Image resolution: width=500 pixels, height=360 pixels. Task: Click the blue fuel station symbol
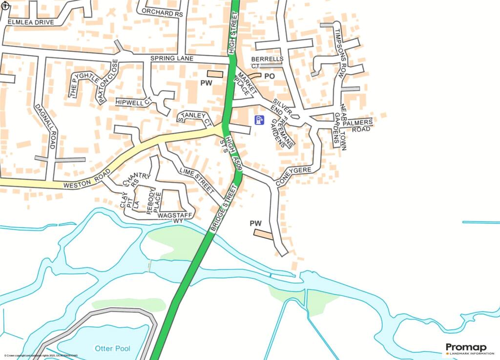click(x=260, y=120)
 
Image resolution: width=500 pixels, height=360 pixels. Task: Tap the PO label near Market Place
click(x=270, y=76)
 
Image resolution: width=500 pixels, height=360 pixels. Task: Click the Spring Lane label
click(x=172, y=59)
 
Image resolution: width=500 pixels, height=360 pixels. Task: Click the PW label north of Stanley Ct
click(x=207, y=84)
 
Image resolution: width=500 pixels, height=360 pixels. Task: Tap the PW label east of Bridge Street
click(x=256, y=223)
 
